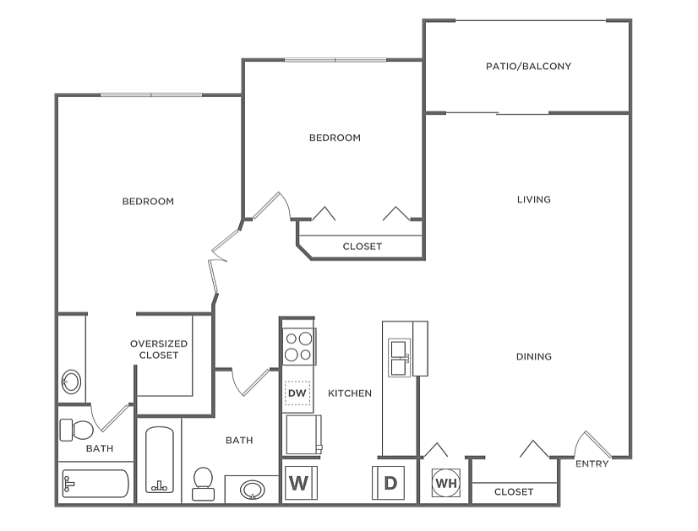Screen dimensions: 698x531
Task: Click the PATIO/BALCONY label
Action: click(x=528, y=66)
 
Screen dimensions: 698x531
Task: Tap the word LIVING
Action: click(x=534, y=199)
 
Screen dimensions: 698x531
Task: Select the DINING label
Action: click(x=534, y=356)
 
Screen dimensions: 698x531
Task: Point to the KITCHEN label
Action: click(x=350, y=393)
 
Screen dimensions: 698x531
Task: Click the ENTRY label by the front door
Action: click(x=592, y=463)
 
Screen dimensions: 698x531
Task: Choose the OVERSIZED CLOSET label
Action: click(x=159, y=349)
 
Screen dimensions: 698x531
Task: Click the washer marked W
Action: click(x=301, y=483)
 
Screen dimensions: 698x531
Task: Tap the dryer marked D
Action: click(x=388, y=483)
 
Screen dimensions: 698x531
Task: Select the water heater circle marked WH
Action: click(x=446, y=483)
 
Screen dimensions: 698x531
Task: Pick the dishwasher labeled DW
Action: click(x=297, y=393)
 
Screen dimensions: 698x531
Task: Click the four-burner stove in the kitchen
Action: click(x=299, y=347)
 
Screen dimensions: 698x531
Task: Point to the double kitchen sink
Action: click(x=399, y=358)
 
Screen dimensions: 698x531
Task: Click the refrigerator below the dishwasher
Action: click(x=303, y=435)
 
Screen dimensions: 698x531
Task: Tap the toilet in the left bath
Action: click(x=77, y=430)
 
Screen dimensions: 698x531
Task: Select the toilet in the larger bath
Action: click(x=203, y=484)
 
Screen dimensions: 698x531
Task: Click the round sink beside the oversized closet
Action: click(x=71, y=382)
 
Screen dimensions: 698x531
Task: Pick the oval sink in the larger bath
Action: click(x=253, y=490)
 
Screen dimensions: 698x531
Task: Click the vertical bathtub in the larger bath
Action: click(x=160, y=460)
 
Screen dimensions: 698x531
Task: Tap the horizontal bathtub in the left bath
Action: click(x=95, y=484)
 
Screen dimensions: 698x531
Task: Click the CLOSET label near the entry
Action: click(x=514, y=492)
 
